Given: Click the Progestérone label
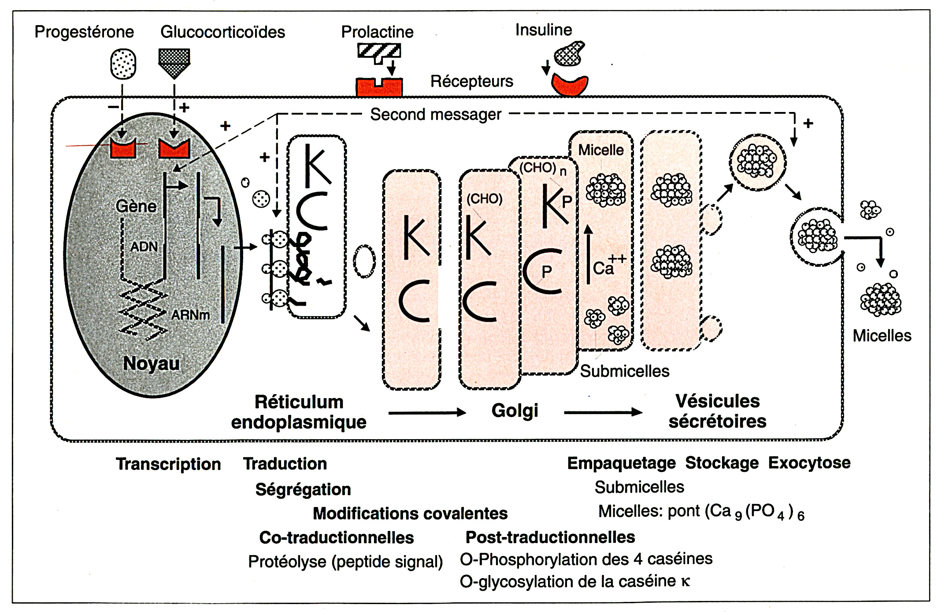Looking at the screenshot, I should tap(84, 32).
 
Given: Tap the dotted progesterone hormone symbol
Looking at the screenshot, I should tap(123, 64).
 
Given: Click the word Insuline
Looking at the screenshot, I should tap(544, 30).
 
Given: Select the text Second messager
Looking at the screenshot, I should tap(436, 115).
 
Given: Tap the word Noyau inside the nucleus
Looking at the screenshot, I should tap(152, 364).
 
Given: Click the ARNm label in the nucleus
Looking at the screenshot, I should tap(190, 315).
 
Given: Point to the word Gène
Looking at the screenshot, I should tap(136, 206).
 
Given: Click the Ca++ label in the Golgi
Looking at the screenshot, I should tap(608, 265).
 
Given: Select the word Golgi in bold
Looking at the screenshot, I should tap(515, 411).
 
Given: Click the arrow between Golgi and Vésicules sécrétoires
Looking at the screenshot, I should tap(603, 413).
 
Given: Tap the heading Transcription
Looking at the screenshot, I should tap(168, 464).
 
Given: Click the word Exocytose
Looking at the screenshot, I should tap(809, 463).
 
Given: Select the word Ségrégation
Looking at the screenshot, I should tap(303, 489).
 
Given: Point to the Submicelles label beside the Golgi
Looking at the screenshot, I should tap(624, 371).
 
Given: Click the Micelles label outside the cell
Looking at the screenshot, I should tap(882, 336).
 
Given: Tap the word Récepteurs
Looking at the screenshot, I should tap(471, 82).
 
